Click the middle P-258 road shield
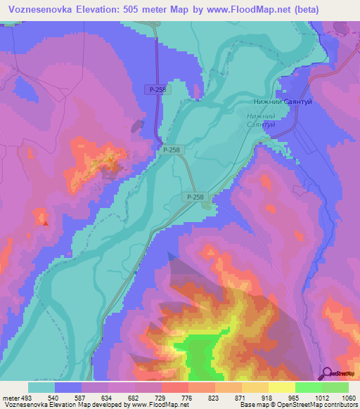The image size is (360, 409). click(171, 150)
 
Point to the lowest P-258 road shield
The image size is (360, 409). click(196, 197)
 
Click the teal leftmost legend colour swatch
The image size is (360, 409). click(41, 387)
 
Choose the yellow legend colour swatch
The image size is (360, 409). click(281, 387)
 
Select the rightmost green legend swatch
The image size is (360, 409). click(335, 387)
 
